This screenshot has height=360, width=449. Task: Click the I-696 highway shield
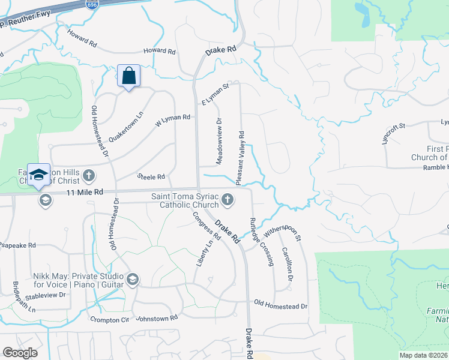(109, 4)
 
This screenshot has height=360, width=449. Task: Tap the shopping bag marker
(128, 77)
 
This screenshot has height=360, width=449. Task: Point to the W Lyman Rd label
(173, 118)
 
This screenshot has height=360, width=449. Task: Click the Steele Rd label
(151, 177)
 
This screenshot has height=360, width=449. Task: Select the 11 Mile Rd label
(85, 193)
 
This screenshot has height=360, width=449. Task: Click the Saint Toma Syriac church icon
(227, 199)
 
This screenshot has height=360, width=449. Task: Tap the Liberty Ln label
(205, 253)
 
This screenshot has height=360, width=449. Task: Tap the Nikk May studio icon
(133, 279)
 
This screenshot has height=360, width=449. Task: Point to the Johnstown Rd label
(157, 317)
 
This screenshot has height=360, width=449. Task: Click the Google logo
(20, 353)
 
